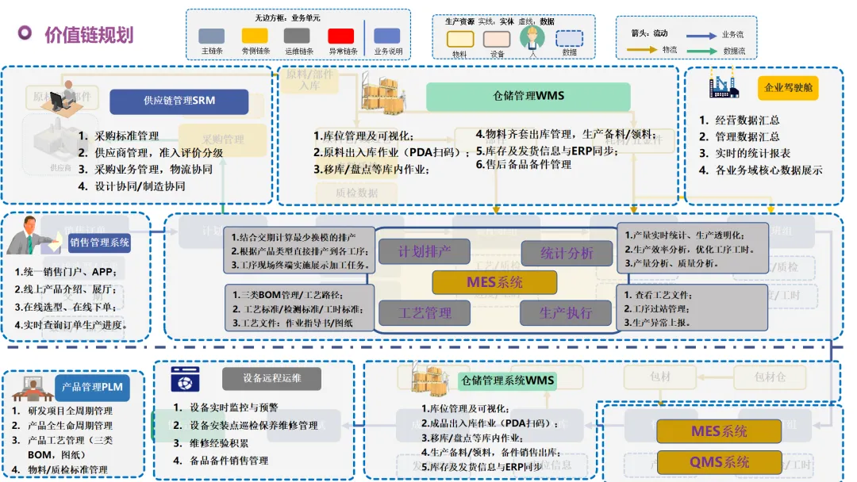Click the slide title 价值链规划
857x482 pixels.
pos(89,34)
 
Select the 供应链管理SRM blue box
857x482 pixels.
pos(179,101)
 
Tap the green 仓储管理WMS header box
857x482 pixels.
pos(528,96)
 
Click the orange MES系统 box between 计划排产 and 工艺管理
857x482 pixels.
pos(489,281)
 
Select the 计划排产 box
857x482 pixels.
pos(425,253)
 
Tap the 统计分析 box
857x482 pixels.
pos(567,254)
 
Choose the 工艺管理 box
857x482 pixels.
pos(425,313)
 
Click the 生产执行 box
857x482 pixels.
pos(567,313)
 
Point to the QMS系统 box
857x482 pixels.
pos(719,462)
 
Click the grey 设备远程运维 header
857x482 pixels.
pos(272,378)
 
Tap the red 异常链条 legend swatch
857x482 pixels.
pos(341,36)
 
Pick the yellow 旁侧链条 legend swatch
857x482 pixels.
pos(255,36)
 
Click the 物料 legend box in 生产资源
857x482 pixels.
pos(460,39)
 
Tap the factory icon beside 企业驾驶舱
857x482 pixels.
pos(723,82)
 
